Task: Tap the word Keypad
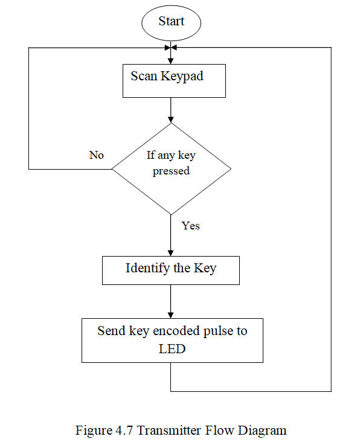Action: coord(182,76)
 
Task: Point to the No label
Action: coord(97,155)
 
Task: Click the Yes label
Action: coord(190,226)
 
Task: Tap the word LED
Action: coord(172,349)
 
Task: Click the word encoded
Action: coord(176,331)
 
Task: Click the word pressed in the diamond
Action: coord(171,171)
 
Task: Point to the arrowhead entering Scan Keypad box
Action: coord(171,61)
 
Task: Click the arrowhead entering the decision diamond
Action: coord(171,120)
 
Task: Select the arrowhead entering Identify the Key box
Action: coord(171,253)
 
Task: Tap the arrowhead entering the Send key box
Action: coord(171,315)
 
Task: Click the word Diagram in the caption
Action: coord(262,431)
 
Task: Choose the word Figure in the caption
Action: coord(94,431)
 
